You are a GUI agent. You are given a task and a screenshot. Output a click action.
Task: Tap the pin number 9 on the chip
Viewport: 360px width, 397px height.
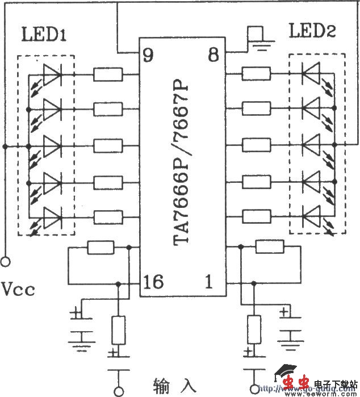pos(148,55)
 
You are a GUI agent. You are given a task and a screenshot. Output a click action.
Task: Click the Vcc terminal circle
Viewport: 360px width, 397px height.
pos(6,262)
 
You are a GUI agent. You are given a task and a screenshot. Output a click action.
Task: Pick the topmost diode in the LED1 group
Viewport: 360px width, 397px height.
pos(52,73)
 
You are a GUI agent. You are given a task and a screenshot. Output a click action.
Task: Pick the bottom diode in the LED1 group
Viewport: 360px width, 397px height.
pos(52,216)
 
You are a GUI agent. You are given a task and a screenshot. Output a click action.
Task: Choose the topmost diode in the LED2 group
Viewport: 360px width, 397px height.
pos(311,73)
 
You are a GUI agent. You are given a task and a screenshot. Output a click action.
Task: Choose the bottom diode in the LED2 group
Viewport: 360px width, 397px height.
pos(311,216)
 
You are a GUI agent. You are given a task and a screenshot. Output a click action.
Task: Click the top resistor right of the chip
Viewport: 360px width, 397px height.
pos(256,73)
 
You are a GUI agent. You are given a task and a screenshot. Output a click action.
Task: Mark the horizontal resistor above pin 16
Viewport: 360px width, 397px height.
pos(101,247)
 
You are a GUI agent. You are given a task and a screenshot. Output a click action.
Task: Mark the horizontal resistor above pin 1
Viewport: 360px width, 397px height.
pos(270,247)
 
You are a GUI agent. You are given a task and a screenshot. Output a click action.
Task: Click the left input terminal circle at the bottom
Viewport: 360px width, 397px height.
pos(119,390)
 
